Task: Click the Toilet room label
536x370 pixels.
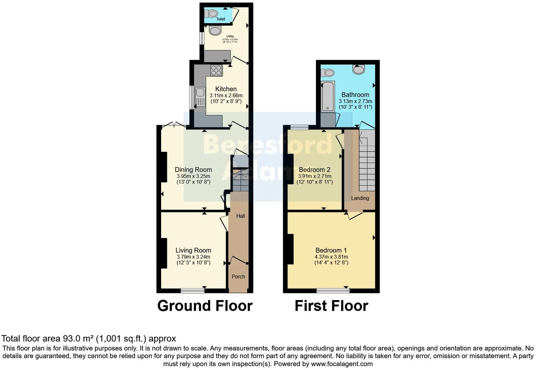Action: (x=221, y=19)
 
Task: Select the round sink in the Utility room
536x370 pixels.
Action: (x=215, y=31)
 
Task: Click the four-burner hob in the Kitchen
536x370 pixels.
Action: (x=217, y=71)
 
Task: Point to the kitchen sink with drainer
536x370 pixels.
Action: (x=200, y=97)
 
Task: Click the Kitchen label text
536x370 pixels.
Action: (x=226, y=89)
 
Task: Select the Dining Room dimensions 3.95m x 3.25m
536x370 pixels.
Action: (x=193, y=176)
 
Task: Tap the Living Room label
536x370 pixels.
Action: (x=193, y=251)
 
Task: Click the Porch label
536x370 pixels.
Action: (x=238, y=276)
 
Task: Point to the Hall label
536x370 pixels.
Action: (x=240, y=216)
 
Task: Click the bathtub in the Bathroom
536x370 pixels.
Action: (x=328, y=96)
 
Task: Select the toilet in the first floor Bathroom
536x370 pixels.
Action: (x=328, y=73)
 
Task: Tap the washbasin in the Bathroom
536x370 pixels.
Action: (x=359, y=70)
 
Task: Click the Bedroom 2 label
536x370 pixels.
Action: (x=315, y=170)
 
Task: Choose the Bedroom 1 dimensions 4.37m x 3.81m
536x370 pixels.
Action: (x=331, y=257)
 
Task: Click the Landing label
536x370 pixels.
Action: (x=360, y=198)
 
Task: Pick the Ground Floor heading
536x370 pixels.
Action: (x=205, y=306)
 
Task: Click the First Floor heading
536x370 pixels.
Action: (x=331, y=306)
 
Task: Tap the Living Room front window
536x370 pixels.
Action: (x=193, y=291)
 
